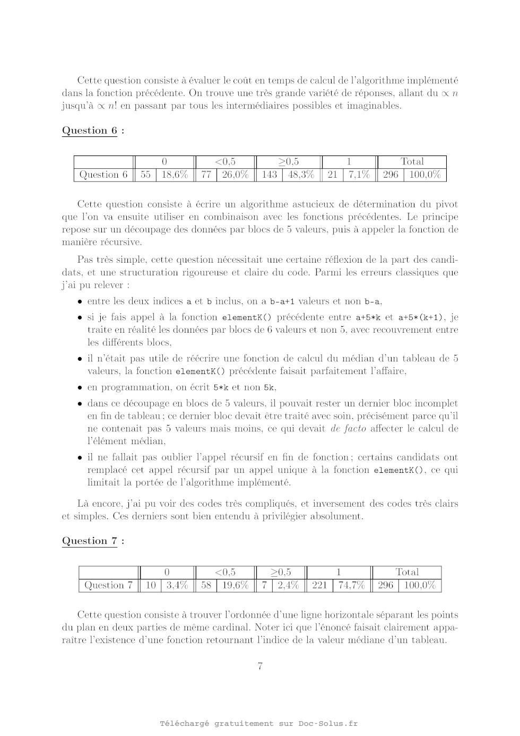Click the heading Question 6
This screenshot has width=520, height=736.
pyautogui.click(x=90, y=131)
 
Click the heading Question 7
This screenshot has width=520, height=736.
pyautogui.click(x=90, y=541)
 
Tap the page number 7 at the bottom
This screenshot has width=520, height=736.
pyautogui.click(x=260, y=667)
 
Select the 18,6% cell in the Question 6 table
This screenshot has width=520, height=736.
pyautogui.click(x=175, y=175)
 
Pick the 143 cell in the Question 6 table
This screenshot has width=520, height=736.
pyautogui.click(x=269, y=175)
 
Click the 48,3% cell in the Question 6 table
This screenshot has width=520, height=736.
pyautogui.click(x=301, y=175)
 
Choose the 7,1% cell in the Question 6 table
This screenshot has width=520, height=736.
pyautogui.click(x=359, y=175)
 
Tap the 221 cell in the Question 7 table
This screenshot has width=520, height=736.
pyautogui.click(x=319, y=585)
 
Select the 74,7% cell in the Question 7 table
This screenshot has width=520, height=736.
pyautogui.click(x=351, y=585)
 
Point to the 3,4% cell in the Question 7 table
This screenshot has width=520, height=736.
pyautogui.click(x=177, y=585)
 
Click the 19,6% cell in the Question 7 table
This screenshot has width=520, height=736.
pyautogui.click(x=236, y=585)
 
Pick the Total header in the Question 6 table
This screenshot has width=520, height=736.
pyautogui.click(x=412, y=162)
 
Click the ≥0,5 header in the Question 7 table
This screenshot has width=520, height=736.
pyautogui.click(x=281, y=573)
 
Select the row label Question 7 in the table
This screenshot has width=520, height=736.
pyautogui.click(x=108, y=585)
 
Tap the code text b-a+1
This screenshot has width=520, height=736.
pyautogui.click(x=282, y=302)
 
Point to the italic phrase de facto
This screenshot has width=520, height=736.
pyautogui.click(x=348, y=429)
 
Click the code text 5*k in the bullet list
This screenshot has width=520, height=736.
pyautogui.click(x=221, y=388)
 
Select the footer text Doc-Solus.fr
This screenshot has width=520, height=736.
pyautogui.click(x=328, y=723)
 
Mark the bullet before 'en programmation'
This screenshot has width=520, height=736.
pyautogui.click(x=80, y=388)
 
